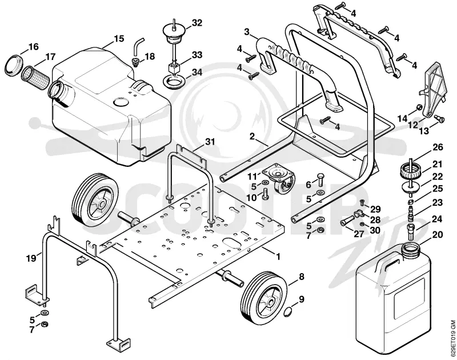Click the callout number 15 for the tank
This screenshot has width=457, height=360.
click(x=119, y=39)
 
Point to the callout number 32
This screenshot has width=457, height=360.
click(x=197, y=23)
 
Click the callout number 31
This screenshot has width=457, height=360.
click(x=210, y=142)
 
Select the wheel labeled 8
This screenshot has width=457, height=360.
click(x=264, y=298)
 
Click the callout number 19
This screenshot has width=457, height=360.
click(x=31, y=258)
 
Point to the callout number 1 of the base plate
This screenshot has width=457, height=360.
click(x=278, y=257)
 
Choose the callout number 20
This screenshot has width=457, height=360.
click(x=437, y=235)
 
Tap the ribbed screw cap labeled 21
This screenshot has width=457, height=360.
click(x=410, y=171)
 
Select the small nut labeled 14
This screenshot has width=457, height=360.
click(x=419, y=107)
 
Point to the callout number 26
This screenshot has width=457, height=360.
click(x=438, y=147)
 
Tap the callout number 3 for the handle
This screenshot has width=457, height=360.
click(x=247, y=32)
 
